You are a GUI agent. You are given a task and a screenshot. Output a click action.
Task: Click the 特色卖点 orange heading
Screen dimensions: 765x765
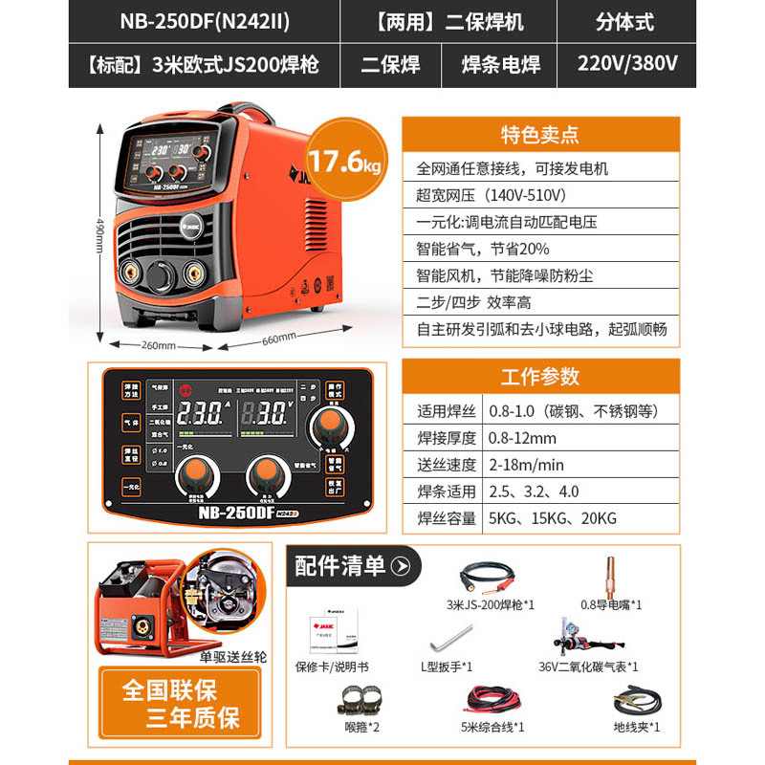click(x=540, y=135)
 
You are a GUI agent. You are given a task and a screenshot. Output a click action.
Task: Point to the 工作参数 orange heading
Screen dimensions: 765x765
click(x=540, y=375)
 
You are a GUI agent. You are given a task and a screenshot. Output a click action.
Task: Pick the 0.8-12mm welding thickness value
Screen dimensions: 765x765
click(x=520, y=438)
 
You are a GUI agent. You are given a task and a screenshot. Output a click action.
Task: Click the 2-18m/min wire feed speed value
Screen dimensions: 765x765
click(x=525, y=465)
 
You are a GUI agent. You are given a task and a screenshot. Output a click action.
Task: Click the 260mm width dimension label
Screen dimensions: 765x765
click(x=158, y=345)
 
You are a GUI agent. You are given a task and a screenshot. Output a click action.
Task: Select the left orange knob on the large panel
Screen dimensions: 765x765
click(x=192, y=472)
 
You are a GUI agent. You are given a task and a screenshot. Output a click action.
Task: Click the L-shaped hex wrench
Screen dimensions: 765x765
click(x=454, y=638)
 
